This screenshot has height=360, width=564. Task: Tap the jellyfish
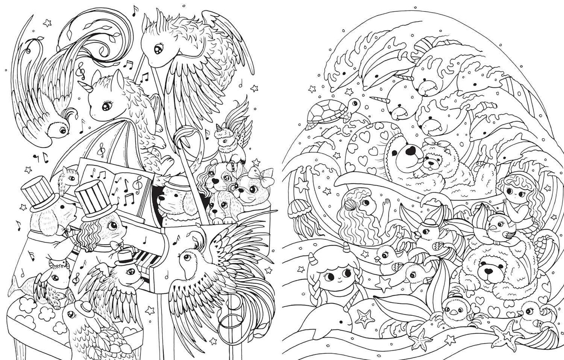click(x=295, y=214)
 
